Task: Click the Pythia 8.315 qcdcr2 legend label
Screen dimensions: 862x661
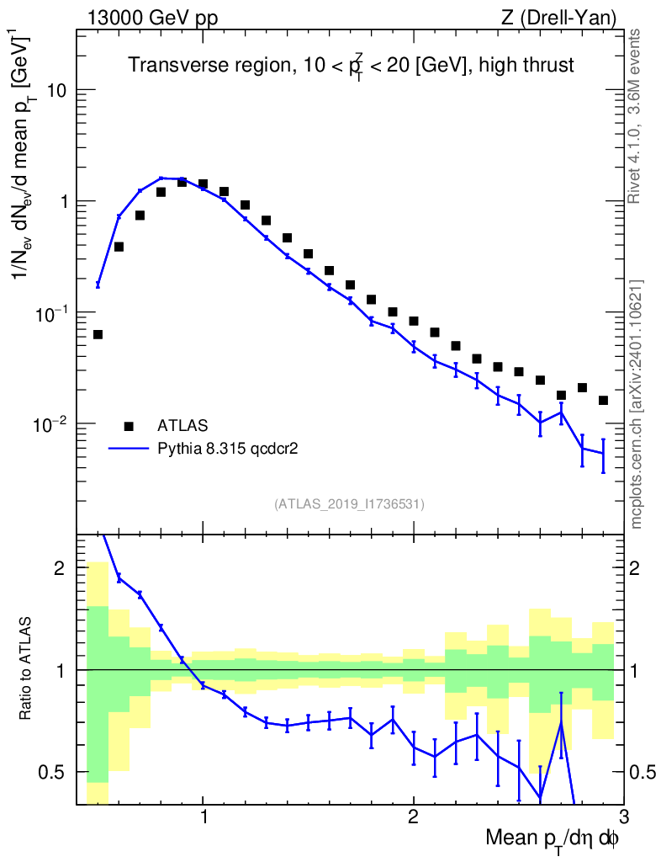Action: (x=229, y=450)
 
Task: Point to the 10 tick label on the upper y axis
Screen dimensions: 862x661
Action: (x=59, y=90)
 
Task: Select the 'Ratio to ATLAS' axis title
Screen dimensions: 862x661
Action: (x=28, y=669)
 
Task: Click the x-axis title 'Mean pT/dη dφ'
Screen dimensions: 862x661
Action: (x=553, y=838)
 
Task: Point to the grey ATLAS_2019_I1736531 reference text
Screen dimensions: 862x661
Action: (x=349, y=504)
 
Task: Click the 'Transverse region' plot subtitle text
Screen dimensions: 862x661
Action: (x=351, y=66)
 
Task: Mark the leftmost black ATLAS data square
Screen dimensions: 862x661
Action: (x=98, y=334)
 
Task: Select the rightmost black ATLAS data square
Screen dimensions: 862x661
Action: (x=603, y=400)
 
